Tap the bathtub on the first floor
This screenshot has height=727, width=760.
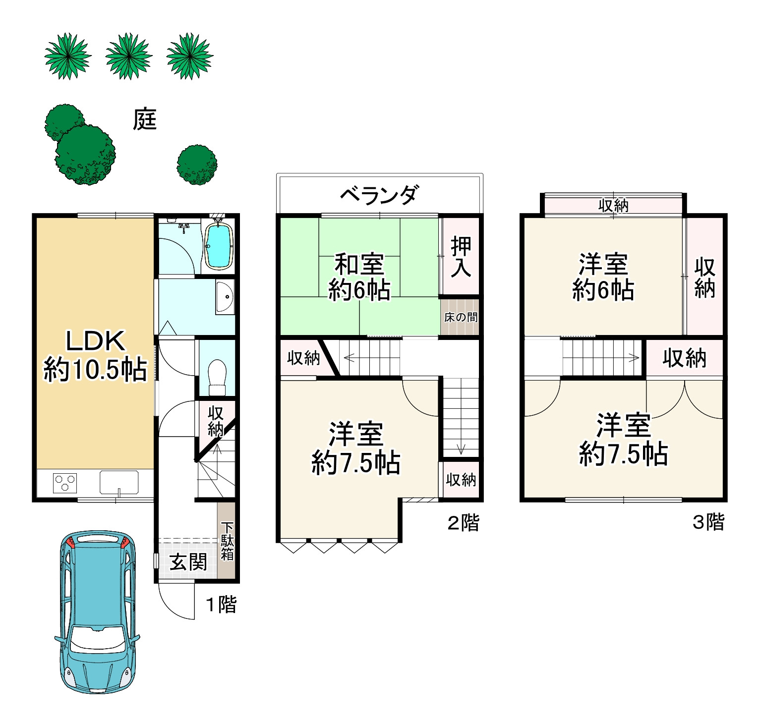click(x=219, y=246)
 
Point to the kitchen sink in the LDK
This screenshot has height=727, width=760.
click(x=119, y=482)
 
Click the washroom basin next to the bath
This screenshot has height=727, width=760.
click(x=225, y=297)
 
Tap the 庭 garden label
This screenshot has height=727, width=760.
click(x=144, y=119)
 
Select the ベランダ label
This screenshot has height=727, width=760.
click(x=379, y=195)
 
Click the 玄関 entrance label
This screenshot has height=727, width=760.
click(x=188, y=562)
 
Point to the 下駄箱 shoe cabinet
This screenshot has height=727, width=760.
click(x=227, y=540)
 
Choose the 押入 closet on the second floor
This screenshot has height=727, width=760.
click(x=461, y=257)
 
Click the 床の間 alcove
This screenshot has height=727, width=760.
click(x=460, y=317)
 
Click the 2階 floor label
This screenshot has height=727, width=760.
click(x=464, y=523)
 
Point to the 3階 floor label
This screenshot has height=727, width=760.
click(x=708, y=522)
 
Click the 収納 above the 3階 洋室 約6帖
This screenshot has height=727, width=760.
click(x=613, y=205)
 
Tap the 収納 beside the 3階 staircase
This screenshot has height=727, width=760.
click(x=685, y=358)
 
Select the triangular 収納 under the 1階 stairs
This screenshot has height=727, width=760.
click(x=215, y=422)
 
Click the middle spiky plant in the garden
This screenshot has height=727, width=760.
click(x=128, y=56)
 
